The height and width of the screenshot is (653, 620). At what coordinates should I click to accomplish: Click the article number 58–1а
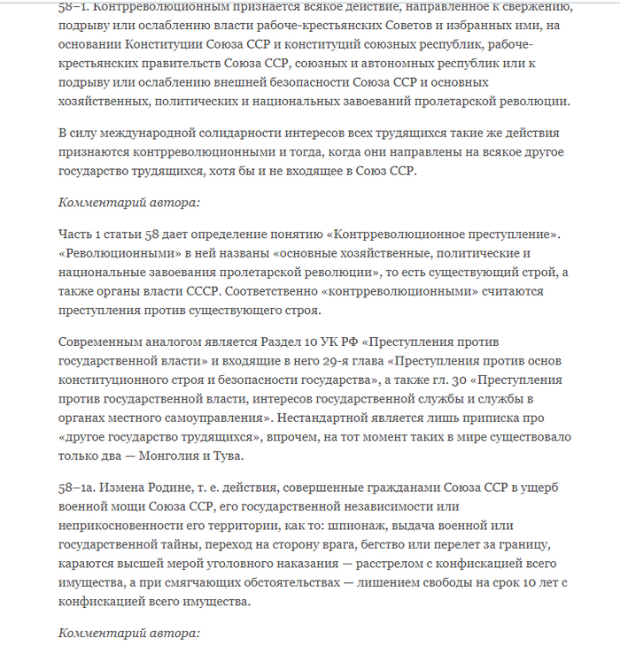pyautogui.click(x=78, y=489)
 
